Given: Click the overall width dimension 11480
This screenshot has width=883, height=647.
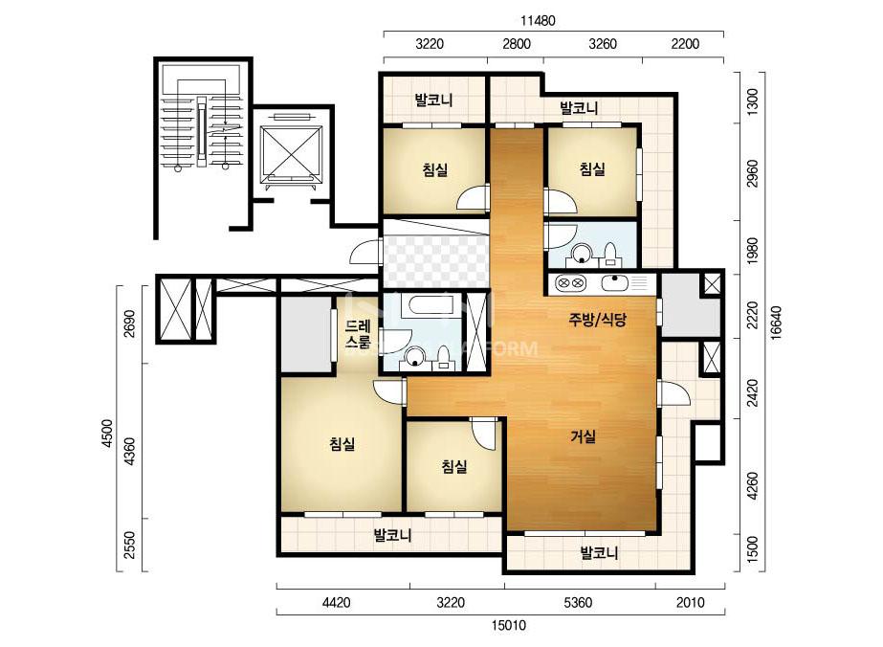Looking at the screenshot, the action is pos(538,21).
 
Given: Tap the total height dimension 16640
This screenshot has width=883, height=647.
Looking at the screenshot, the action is pos(776,322).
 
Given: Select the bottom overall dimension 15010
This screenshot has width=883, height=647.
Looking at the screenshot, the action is pos(509,626).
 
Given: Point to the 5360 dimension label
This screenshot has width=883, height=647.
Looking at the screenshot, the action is pos(578,603).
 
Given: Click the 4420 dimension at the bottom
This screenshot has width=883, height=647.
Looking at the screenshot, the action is pos(336,603).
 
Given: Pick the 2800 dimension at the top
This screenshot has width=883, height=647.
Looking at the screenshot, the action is pos(517,44).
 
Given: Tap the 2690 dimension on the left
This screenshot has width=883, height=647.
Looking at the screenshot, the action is pos(129,323).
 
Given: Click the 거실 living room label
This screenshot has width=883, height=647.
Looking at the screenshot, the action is pos(583,436).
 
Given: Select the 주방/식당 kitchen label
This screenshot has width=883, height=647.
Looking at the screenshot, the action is pos(597,321).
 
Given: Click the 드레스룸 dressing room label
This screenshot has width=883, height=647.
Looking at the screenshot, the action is pos(358,334).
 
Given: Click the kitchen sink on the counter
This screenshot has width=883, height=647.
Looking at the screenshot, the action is pos(615,281).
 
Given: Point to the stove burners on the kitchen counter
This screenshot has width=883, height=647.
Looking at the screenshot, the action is pos(570,282).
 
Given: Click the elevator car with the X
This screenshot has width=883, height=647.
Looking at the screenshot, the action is pos(290,154).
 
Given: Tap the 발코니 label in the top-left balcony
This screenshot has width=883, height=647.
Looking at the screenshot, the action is pos(433,100).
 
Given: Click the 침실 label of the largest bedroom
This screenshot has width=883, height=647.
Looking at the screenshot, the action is pos(342,444).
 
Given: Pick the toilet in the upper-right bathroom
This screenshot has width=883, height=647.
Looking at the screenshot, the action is pos(609,255).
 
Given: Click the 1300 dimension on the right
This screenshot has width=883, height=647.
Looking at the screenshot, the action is pos(752,100).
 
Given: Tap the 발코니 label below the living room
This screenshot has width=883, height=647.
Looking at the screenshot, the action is pos(599,552).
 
